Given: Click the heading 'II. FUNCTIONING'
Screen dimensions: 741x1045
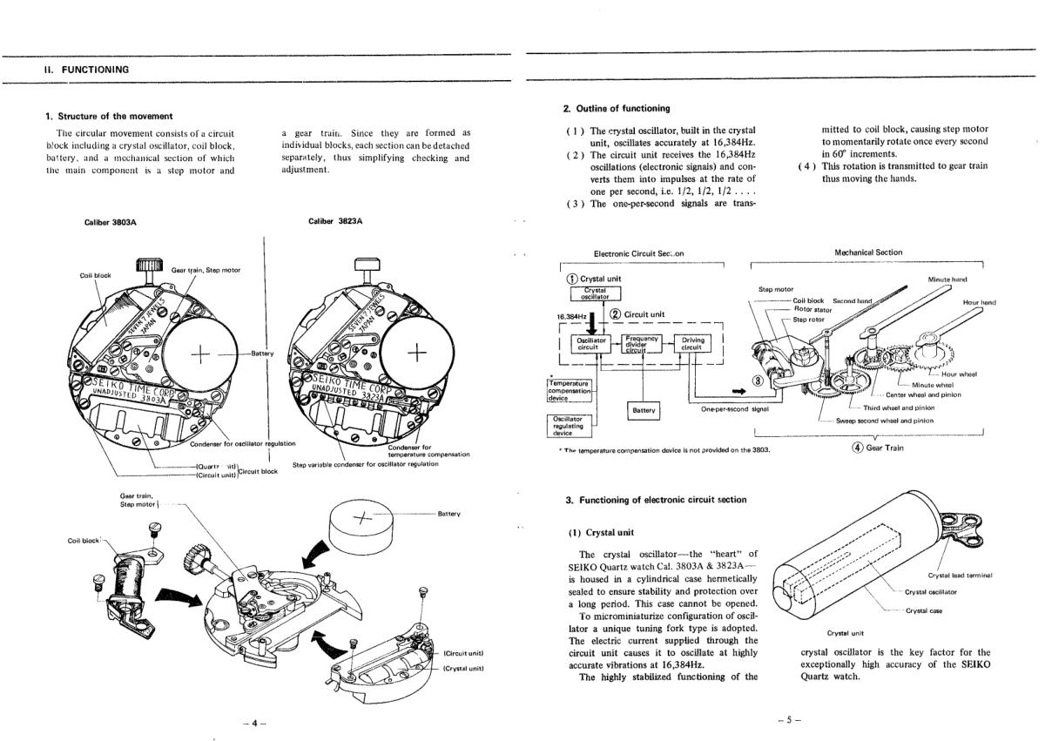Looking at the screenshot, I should coord(86,70).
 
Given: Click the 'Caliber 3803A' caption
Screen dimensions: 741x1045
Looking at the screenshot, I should coord(111,222).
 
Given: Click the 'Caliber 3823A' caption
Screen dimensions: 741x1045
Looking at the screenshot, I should coord(335,221).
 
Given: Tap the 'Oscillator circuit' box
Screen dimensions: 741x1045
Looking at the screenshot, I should coord(589,344).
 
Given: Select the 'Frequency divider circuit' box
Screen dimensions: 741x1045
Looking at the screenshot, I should coord(643,343).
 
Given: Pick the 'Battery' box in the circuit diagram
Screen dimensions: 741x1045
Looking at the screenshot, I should coord(644,410).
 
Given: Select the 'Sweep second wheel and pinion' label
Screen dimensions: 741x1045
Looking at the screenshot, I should coord(885,421).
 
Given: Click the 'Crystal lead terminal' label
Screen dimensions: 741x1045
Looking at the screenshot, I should coord(961,575).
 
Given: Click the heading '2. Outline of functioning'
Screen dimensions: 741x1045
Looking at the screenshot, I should coord(617,108).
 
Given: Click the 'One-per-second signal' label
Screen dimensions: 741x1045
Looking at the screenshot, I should coord(735,408).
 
